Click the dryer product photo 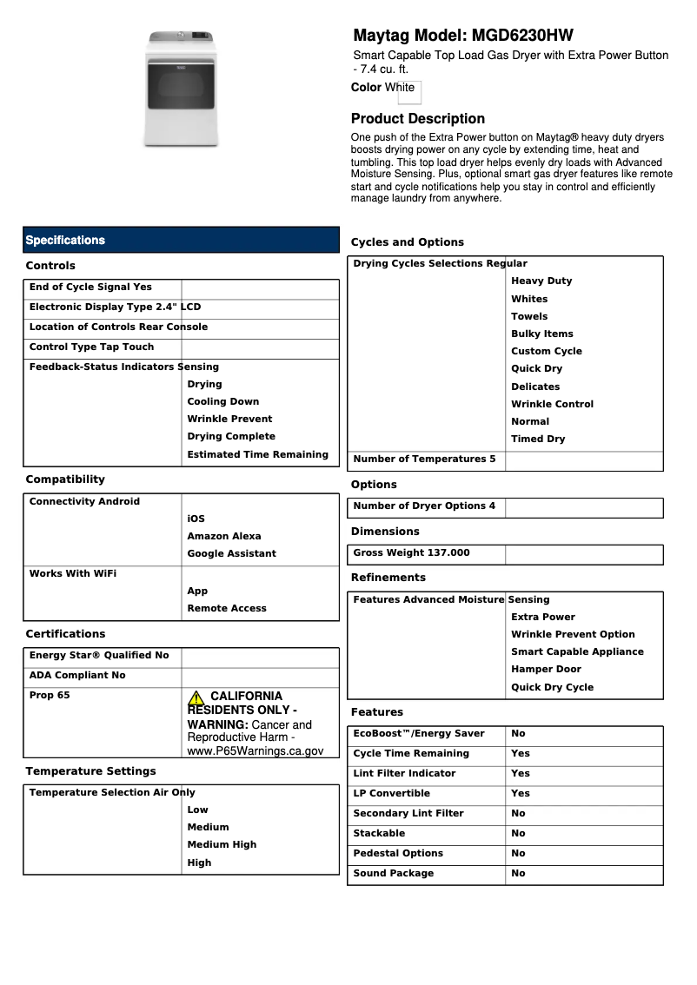pyautogui.click(x=181, y=89)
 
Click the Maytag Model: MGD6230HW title pyautogui.click(x=462, y=36)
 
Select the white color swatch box pyautogui.click(x=409, y=92)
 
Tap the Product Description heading pyautogui.click(x=417, y=119)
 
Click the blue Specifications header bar pyautogui.click(x=181, y=241)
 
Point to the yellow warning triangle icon pyautogui.click(x=196, y=697)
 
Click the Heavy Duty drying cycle pyautogui.click(x=541, y=281)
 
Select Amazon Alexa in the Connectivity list pyautogui.click(x=223, y=537)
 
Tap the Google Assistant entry pyautogui.click(x=231, y=554)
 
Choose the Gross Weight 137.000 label pyautogui.click(x=411, y=552)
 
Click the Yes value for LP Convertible pyautogui.click(x=520, y=794)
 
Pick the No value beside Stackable pyautogui.click(x=518, y=834)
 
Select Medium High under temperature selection pyautogui.click(x=222, y=845)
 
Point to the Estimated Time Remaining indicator pyautogui.click(x=257, y=455)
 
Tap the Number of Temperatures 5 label pyautogui.click(x=424, y=459)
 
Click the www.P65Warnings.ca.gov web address pyautogui.click(x=256, y=751)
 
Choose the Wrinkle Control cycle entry pyautogui.click(x=552, y=405)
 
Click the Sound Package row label pyautogui.click(x=393, y=874)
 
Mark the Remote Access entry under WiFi pyautogui.click(x=227, y=609)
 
